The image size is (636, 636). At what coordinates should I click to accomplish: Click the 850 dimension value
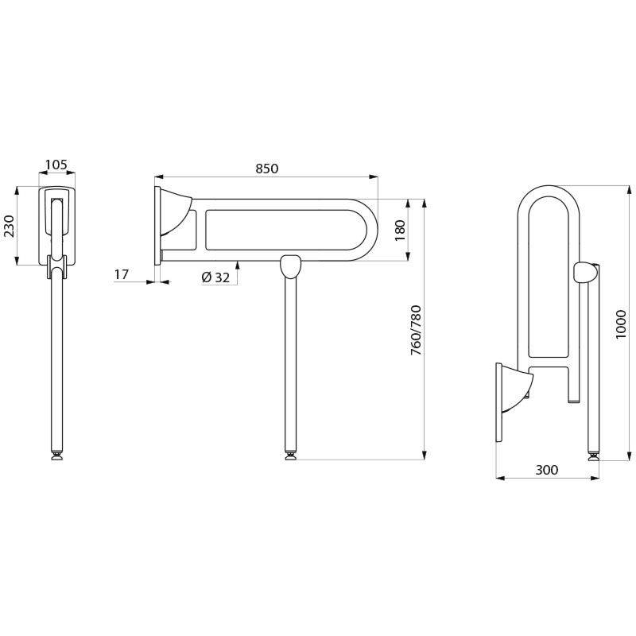pos(266,168)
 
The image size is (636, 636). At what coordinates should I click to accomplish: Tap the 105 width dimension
pos(56,165)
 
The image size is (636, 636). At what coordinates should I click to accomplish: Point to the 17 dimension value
pos(122,274)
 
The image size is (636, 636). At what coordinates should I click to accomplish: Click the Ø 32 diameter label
pos(216,277)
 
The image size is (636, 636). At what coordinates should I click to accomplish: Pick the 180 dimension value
pos(400,228)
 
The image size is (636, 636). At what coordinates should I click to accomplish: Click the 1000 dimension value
pos(621,323)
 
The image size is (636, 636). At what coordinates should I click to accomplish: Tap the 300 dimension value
pos(546,470)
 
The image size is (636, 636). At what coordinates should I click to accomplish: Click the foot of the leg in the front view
pos(57,456)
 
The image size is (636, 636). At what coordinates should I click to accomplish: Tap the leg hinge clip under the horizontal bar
pos(291,266)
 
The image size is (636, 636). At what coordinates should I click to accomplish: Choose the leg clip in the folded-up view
pos(584,273)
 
